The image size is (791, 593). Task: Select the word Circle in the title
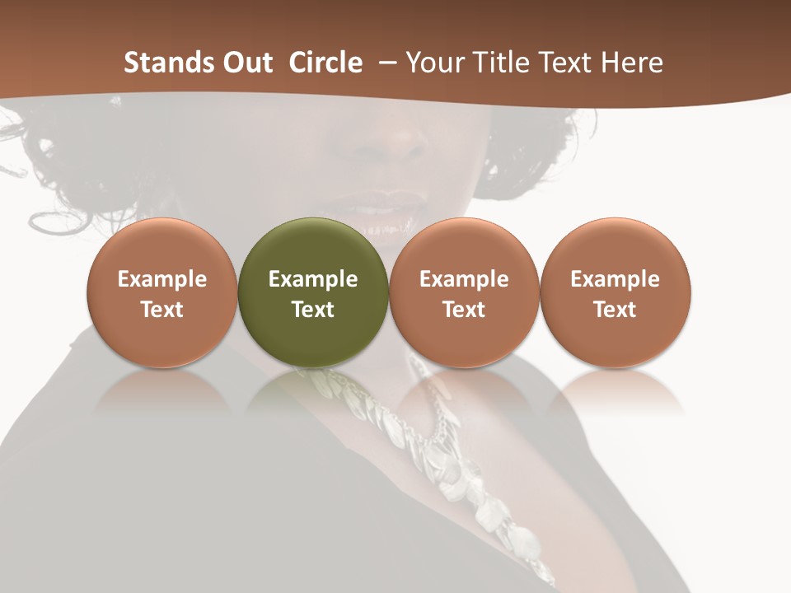[x=325, y=63]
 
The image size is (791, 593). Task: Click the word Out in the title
[x=248, y=63]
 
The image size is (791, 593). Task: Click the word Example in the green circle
[x=313, y=279]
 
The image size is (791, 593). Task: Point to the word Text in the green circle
[x=313, y=310]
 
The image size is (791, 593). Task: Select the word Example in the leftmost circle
[x=162, y=279]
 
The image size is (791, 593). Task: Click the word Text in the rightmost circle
[x=615, y=310]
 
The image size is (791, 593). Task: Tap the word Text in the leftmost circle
[x=162, y=310]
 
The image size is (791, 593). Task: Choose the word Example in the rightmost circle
[x=615, y=279]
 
